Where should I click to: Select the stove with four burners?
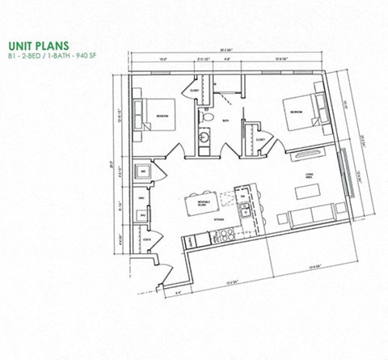click(x=224, y=235)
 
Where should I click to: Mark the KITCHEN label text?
click(x=219, y=219)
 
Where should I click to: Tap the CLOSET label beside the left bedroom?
click(x=195, y=91)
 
